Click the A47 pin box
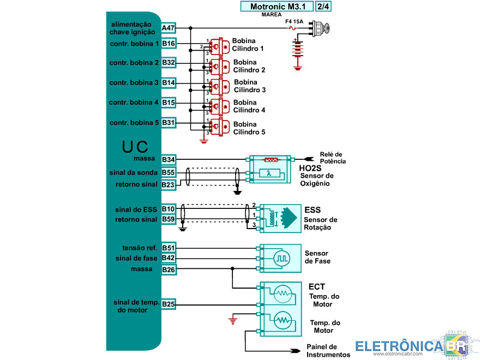[x=169, y=28]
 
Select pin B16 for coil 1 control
[x=169, y=44]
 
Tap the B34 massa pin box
[x=169, y=160]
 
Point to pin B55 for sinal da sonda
[x=169, y=172]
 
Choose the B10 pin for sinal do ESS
[x=169, y=209]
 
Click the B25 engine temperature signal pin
[x=169, y=304]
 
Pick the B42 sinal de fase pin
[x=169, y=258]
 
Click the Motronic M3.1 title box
[x=277, y=7]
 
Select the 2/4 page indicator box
[x=323, y=7]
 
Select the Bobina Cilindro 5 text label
[x=249, y=128]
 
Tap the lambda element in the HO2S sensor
[x=269, y=173]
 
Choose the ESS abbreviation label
[x=313, y=210]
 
